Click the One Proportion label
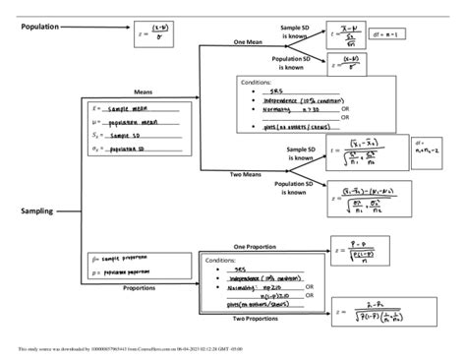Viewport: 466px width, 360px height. coord(254,246)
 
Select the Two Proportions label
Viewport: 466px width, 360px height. coord(255,320)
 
